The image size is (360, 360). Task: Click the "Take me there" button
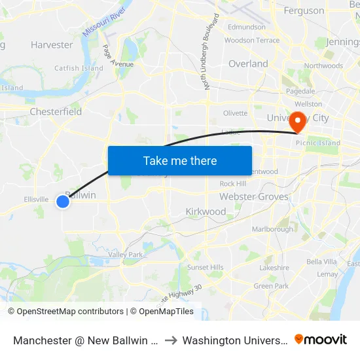coord(180,160)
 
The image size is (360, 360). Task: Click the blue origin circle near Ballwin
coord(63,202)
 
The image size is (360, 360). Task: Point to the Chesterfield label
coord(56,112)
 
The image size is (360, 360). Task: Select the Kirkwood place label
coord(206,211)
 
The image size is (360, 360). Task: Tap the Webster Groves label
coord(253,196)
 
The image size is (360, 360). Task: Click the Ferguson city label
coord(304,10)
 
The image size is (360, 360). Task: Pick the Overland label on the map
coord(248,63)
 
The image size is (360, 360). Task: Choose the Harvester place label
coord(52,45)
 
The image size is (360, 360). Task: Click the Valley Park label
coord(126,255)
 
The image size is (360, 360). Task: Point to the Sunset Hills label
coord(206,267)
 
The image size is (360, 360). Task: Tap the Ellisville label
coord(36,199)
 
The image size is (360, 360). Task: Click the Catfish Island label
coord(79,68)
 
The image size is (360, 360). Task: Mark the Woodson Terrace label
coord(252,41)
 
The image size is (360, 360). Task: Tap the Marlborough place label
coord(272,230)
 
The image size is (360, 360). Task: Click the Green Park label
coord(271,286)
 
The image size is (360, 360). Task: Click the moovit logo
coord(321,339)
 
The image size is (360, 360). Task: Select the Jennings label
coord(342,43)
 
